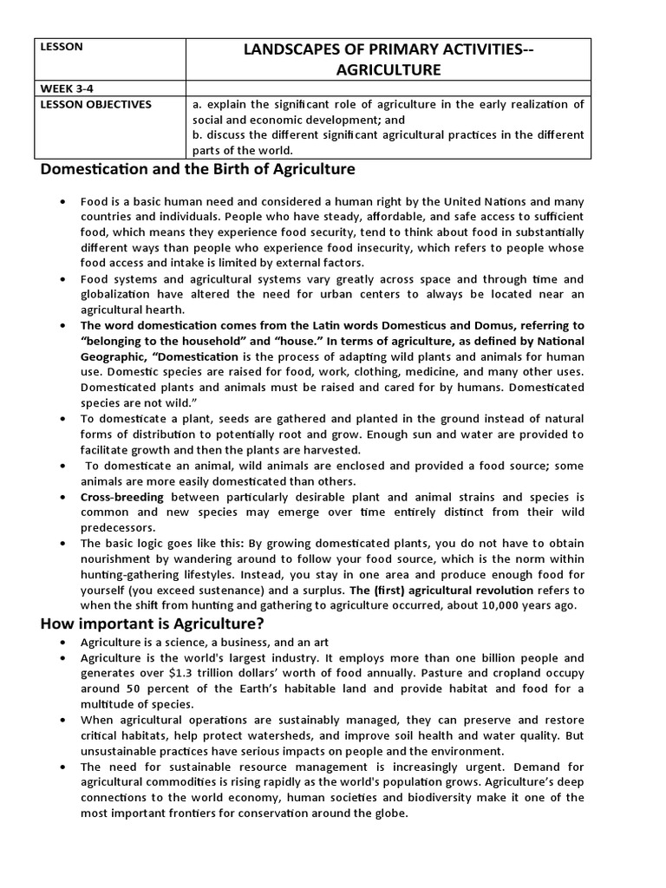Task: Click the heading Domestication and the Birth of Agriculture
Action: (x=198, y=168)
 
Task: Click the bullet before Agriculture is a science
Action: (x=63, y=643)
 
